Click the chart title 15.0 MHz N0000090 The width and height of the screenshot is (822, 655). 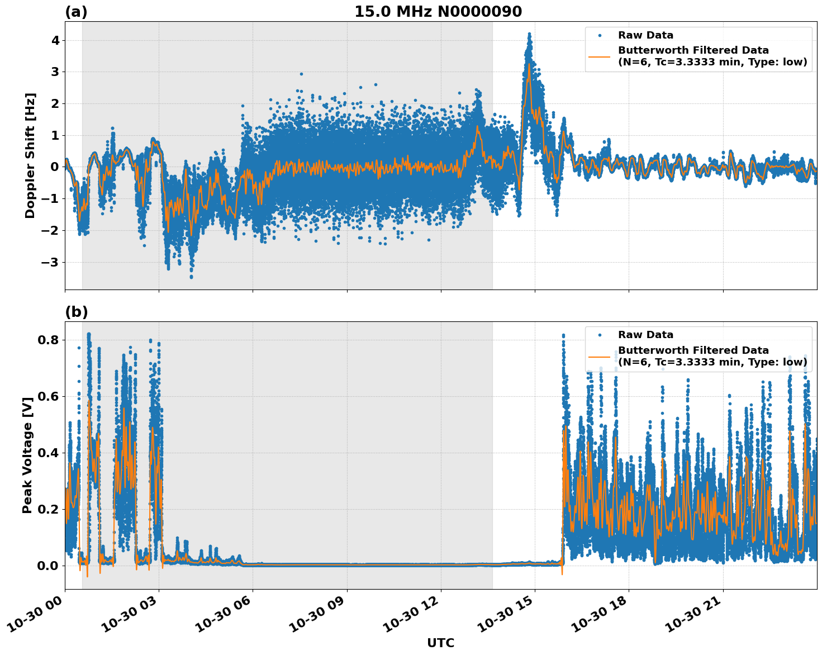tap(438, 12)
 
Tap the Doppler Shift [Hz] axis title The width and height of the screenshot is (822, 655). tap(30, 155)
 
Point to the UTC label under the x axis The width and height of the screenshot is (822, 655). tap(440, 643)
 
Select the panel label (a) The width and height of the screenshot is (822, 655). tap(76, 12)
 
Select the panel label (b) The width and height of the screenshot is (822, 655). tap(76, 312)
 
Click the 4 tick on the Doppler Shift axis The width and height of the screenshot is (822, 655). tap(55, 40)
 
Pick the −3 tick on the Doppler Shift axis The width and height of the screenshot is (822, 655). tap(52, 262)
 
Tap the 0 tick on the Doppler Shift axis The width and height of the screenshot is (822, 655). tap(55, 167)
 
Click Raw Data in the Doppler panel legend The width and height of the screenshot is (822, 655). tap(645, 35)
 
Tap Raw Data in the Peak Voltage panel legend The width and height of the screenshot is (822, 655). tap(645, 335)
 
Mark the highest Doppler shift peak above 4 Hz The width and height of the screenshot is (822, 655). tap(529, 34)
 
